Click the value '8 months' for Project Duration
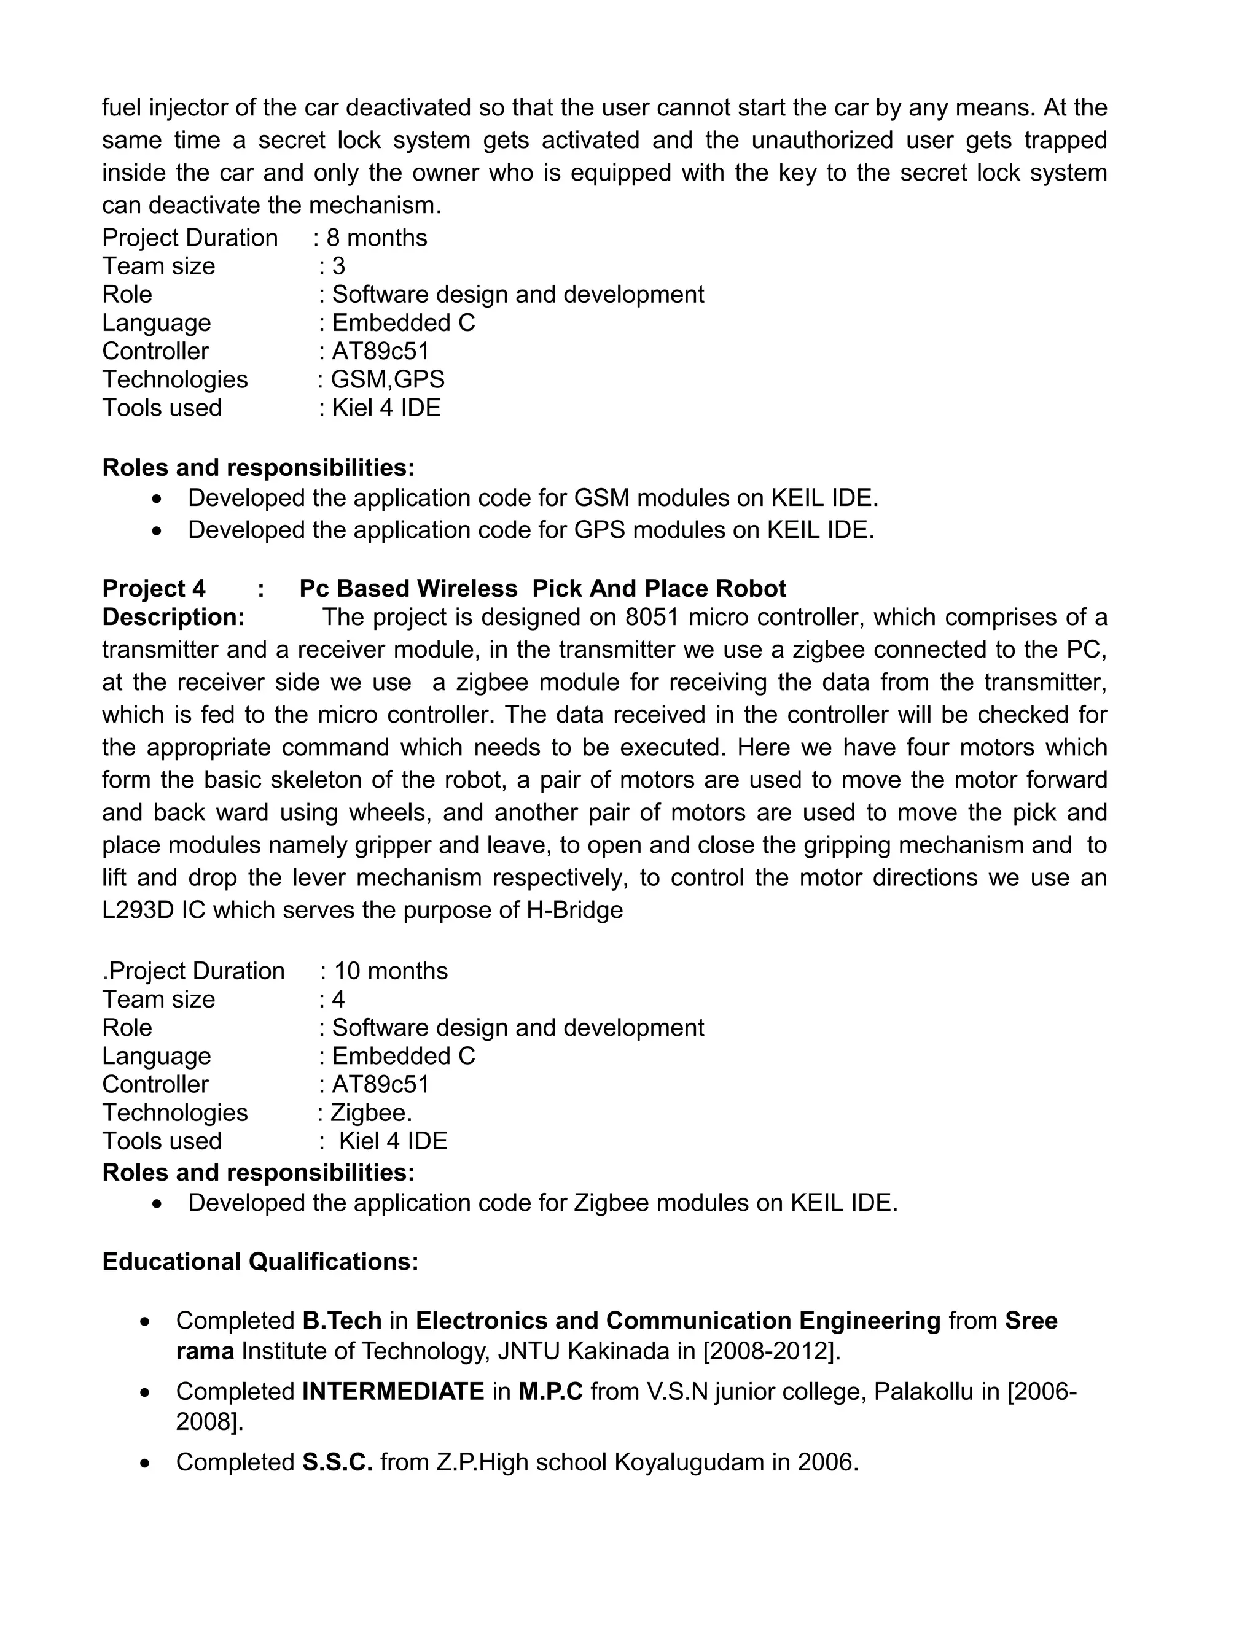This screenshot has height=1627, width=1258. pos(377,238)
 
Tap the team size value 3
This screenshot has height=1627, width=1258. pos(338,266)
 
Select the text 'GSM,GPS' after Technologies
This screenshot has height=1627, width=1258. pos(388,379)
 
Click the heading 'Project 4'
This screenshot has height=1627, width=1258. pos(154,589)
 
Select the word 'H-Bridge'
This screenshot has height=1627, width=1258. pos(574,910)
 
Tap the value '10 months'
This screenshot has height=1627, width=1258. pos(391,971)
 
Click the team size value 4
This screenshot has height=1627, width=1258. pos(338,999)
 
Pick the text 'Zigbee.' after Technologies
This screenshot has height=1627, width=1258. pos(371,1112)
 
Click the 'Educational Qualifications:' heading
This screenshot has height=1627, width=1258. pos(260,1261)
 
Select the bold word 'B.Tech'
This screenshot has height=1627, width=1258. pos(342,1320)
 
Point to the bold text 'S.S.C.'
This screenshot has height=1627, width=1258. pos(337,1462)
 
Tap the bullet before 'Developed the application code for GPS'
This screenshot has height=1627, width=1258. pos(156,530)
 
